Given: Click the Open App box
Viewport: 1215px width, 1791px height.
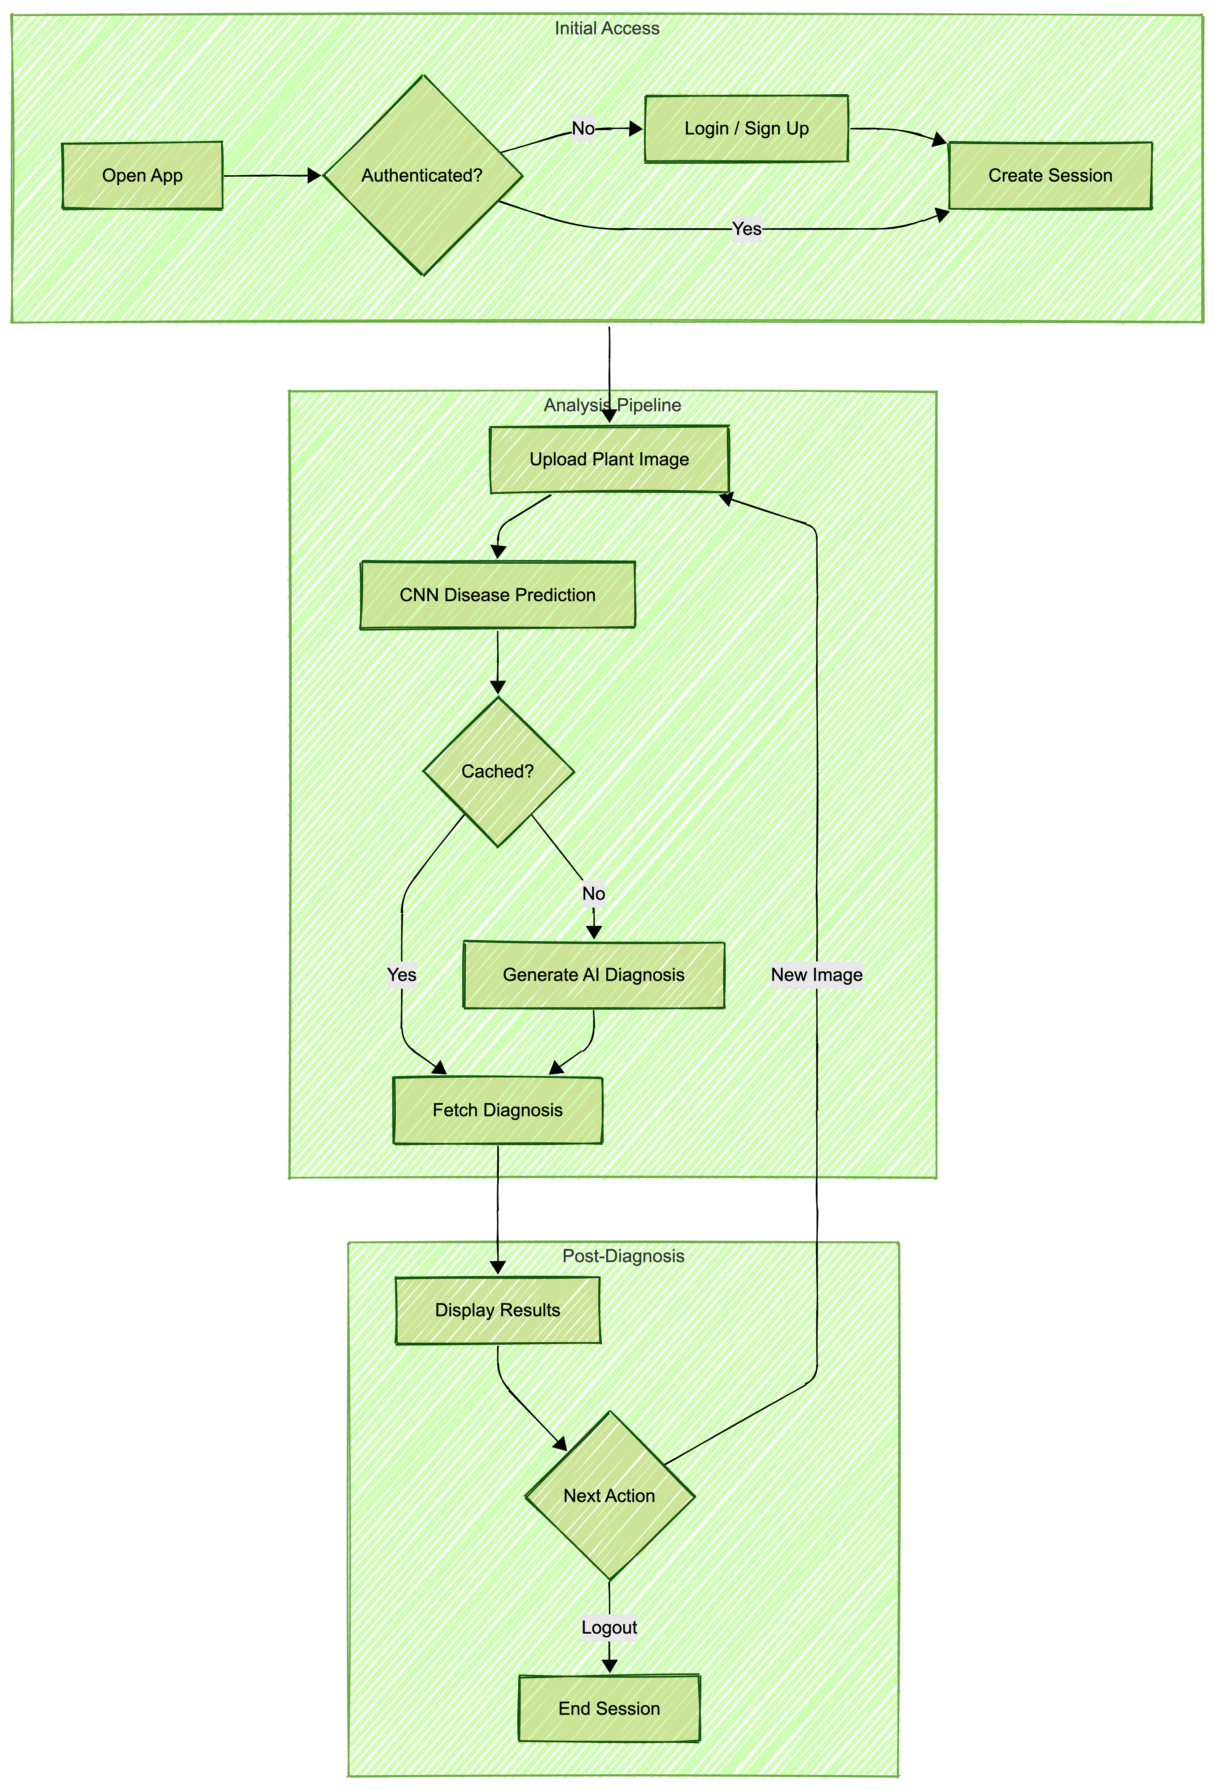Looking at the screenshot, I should coord(143,176).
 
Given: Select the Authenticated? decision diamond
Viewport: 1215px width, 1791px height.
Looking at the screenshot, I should coord(422,176).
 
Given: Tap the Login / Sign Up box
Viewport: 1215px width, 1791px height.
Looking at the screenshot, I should coord(746,129).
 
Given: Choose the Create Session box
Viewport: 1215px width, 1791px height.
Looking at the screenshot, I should coord(1050,176).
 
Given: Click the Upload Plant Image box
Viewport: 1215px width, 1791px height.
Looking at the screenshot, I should coord(609,459).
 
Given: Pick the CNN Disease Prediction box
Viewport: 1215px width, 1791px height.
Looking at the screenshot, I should coord(497,595).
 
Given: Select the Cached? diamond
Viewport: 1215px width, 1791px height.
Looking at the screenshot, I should coord(497,772).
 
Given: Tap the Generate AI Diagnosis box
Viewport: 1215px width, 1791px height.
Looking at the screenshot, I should coord(594,975).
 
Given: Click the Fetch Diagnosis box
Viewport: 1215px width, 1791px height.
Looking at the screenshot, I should coord(497,1110).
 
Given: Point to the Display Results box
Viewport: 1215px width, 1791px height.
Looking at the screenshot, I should coord(497,1310).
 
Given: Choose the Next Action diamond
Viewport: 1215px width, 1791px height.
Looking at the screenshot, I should coord(609,1496).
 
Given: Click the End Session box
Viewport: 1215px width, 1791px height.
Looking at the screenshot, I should coord(609,1709).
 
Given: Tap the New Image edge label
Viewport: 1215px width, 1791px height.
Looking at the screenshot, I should coord(816,975).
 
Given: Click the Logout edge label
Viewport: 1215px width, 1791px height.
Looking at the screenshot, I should coord(609,1628).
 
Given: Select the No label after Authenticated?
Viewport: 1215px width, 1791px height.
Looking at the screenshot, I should coord(584,129).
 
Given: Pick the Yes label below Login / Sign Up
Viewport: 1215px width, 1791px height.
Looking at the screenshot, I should coord(746,229).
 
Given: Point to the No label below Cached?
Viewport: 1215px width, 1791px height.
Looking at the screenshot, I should coord(594,893).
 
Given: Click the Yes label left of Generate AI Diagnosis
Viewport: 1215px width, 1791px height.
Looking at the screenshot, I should coord(402,975).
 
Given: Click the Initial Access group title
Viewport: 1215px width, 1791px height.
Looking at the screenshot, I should coord(607,29).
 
